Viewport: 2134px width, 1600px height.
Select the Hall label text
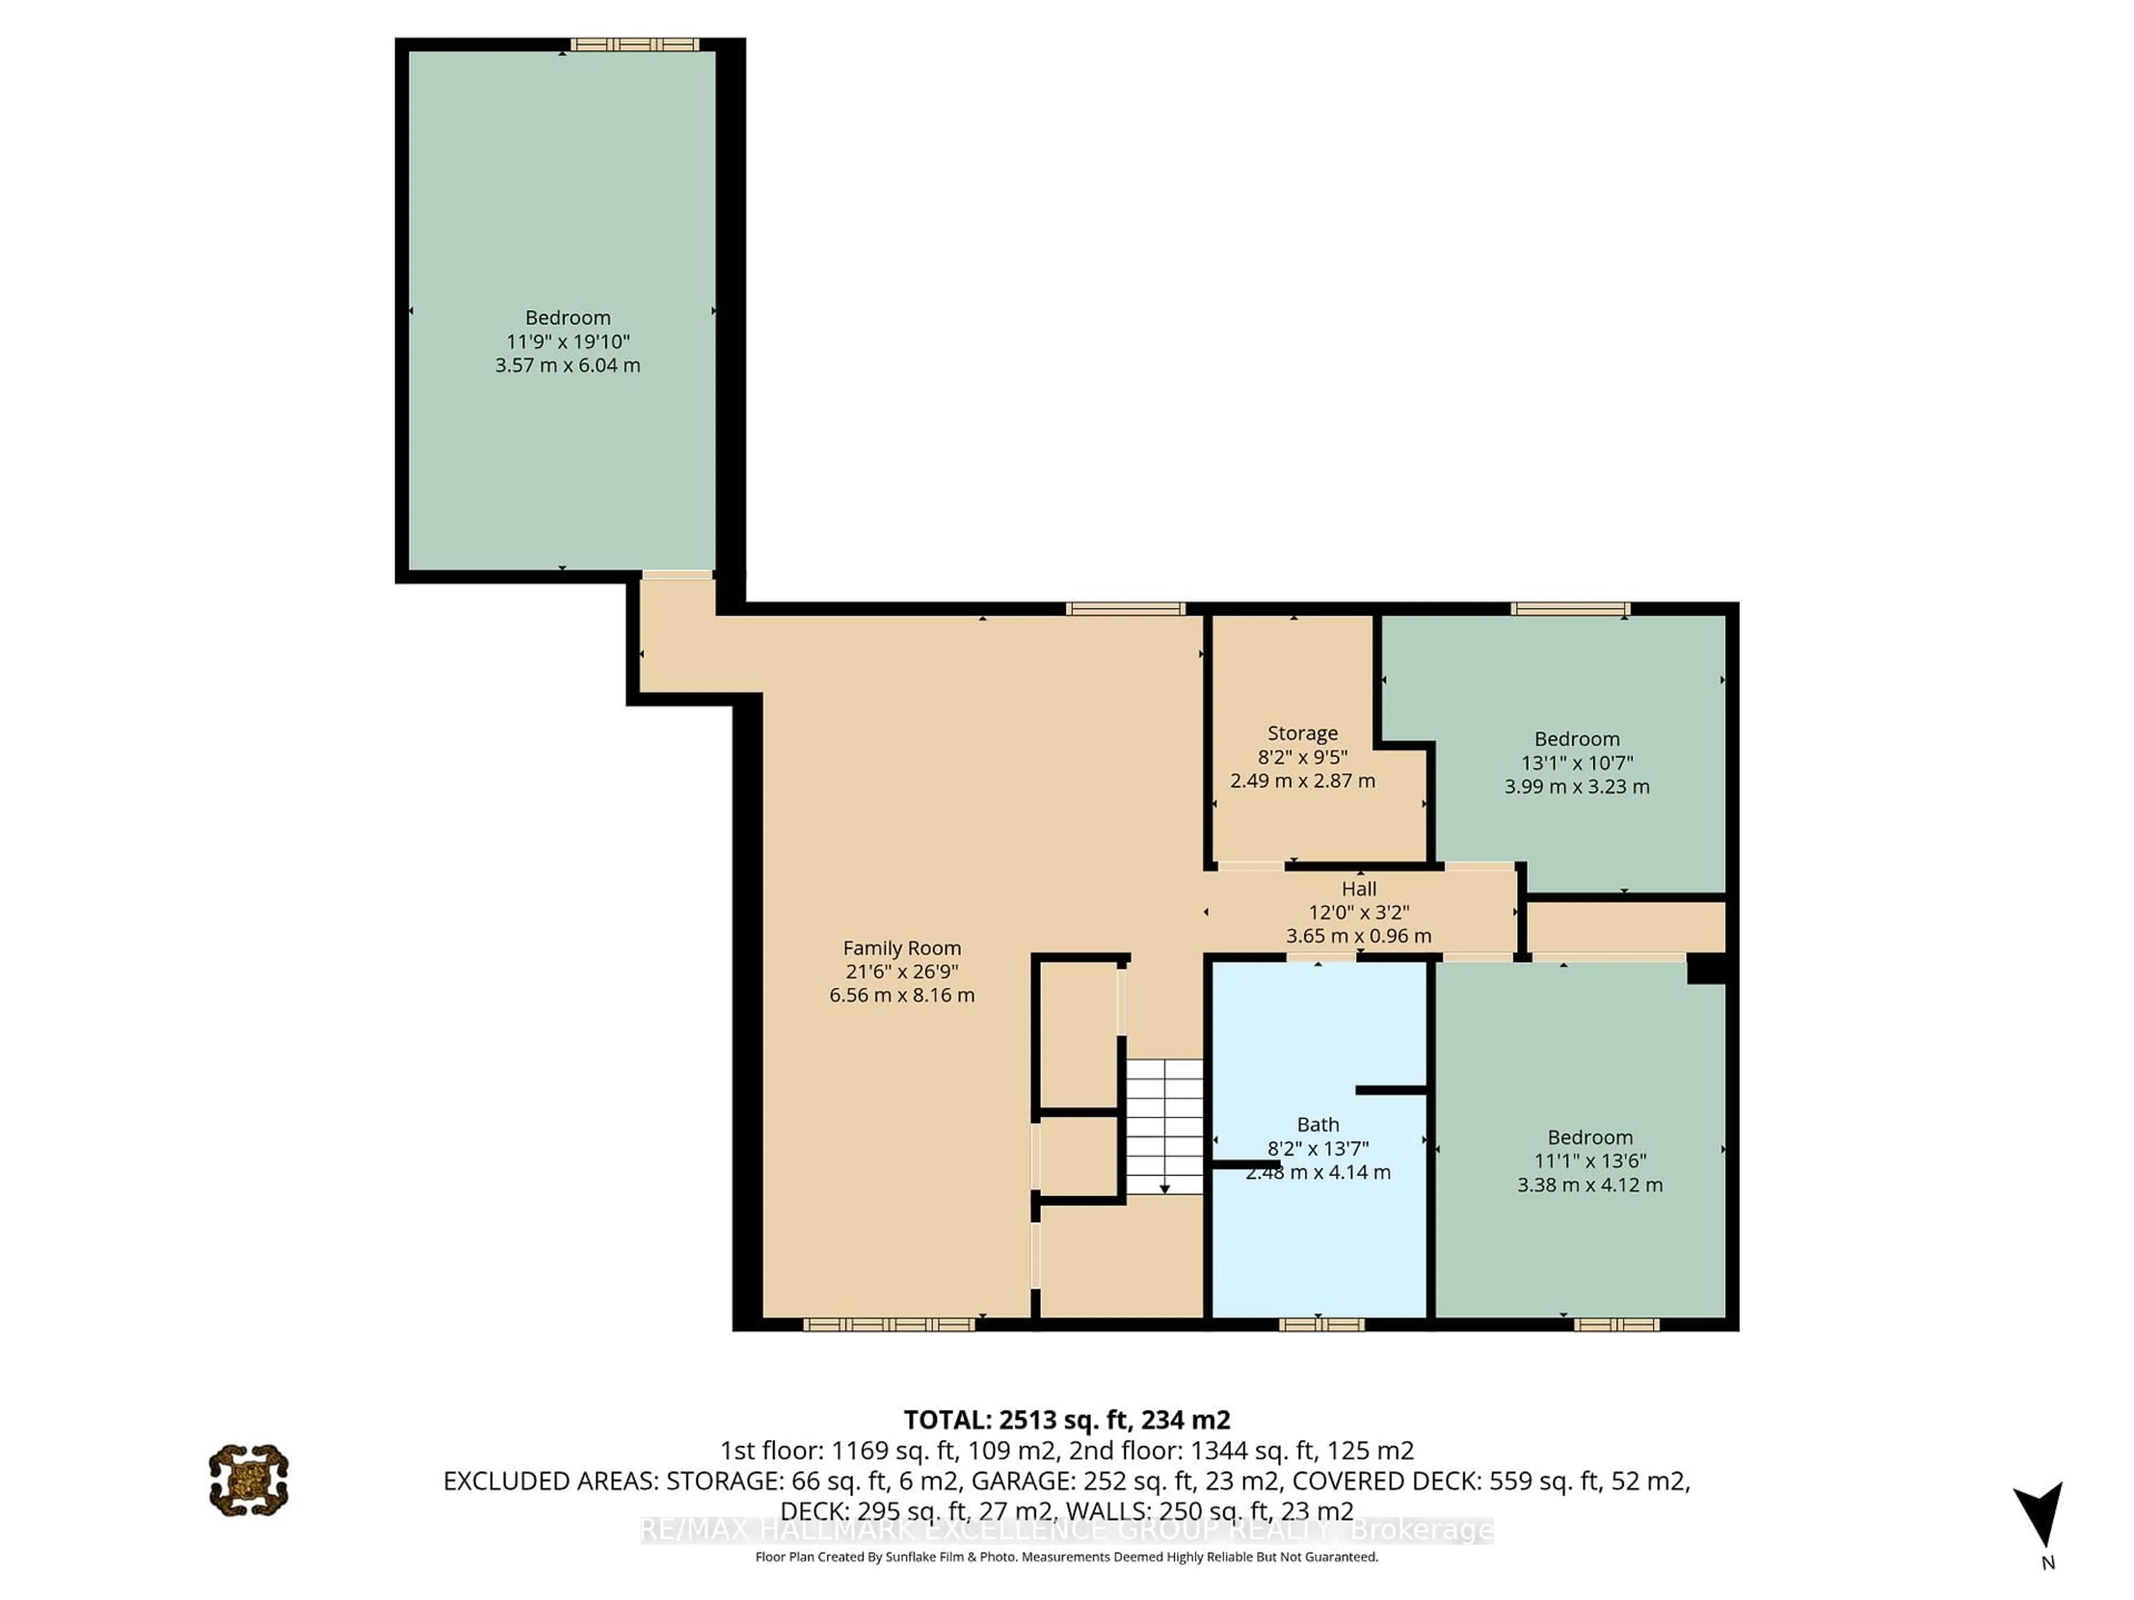[1358, 888]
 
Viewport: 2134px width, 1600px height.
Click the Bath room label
[1317, 1124]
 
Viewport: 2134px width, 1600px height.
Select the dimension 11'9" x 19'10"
[567, 342]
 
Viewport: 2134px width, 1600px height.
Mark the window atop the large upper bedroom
[634, 44]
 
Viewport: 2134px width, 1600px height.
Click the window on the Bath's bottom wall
[1321, 1325]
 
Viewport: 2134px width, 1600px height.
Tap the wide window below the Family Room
[889, 1325]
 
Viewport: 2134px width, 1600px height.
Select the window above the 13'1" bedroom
[1569, 608]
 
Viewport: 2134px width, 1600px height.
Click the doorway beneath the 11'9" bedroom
[677, 576]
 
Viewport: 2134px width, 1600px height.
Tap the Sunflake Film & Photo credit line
[1066, 1557]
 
